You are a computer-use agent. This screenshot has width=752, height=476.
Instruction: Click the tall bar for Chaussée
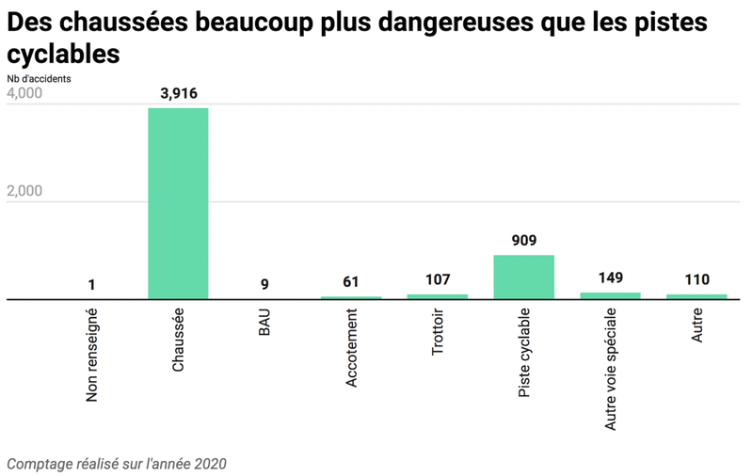coord(178,203)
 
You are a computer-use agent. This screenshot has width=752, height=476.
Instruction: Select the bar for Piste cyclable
coord(523,277)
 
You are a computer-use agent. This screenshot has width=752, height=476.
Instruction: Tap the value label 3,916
coord(178,93)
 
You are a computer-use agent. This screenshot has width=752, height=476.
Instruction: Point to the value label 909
coord(523,241)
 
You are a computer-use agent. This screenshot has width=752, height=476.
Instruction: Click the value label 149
coord(611,278)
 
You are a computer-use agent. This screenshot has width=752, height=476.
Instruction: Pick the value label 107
coord(438,279)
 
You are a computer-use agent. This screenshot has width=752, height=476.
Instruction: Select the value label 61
coord(351,281)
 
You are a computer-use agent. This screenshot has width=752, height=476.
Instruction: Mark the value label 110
coord(696,279)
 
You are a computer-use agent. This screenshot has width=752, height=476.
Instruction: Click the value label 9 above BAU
coord(264,284)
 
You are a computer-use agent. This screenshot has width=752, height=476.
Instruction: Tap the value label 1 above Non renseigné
coord(91,284)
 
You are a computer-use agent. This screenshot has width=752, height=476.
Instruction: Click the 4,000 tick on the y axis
coord(24,95)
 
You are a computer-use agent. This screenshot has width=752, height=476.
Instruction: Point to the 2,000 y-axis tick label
coord(24,191)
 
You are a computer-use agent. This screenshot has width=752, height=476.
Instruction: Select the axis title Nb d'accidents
coord(39,79)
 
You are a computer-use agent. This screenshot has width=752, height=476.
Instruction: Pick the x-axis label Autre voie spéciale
coord(611,368)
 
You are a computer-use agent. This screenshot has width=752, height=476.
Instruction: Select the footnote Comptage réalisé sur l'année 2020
coord(117,464)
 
